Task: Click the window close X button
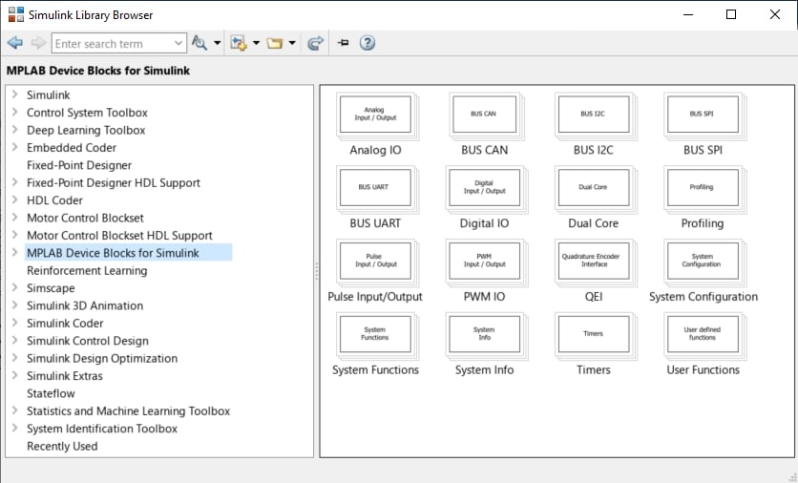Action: coord(774,14)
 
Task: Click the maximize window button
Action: coord(731,14)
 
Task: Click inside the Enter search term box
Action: coord(112,44)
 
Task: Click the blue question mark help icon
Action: coord(367,43)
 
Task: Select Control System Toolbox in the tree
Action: coord(87,113)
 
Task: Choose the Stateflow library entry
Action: coord(51,393)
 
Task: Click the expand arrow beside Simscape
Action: coord(14,287)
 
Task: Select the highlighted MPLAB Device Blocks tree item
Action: coord(113,253)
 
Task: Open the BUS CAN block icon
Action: coord(485,115)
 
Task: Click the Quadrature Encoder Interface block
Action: coord(595,262)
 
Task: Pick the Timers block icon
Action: coord(595,335)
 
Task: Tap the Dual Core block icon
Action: coord(595,189)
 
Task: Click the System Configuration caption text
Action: coord(703,297)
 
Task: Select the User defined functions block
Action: coord(703,335)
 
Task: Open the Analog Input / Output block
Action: coord(376,115)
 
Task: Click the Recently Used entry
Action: coord(62,447)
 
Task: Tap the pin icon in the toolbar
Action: coord(344,43)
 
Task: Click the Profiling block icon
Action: coord(703,189)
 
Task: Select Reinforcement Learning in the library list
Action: coord(87,271)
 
